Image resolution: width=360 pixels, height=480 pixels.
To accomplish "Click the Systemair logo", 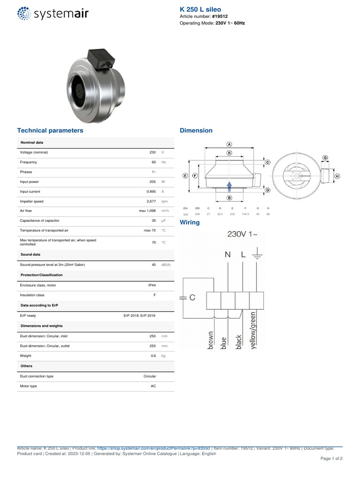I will tap(52, 14).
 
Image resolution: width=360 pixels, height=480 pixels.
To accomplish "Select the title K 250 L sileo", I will tap(200, 9).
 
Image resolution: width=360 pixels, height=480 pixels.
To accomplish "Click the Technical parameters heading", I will tap(50, 130).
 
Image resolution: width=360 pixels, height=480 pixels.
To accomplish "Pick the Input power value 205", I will tap(152, 182).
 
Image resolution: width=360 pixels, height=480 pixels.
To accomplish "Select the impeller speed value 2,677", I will tap(151, 202).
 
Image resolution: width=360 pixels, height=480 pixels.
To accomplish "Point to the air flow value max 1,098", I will tap(147, 211).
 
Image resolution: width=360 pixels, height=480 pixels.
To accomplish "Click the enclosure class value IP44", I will tap(152, 285).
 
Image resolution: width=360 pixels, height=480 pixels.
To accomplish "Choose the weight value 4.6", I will tap(153, 356).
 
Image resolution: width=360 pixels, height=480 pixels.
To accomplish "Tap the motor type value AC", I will tap(153, 386).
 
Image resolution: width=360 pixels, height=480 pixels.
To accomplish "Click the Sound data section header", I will tap(30, 255).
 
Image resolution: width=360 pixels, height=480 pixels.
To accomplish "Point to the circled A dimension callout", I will tap(229, 144).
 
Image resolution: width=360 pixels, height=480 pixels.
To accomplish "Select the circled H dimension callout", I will tap(337, 176).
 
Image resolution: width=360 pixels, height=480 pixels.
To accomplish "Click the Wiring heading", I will tap(189, 222).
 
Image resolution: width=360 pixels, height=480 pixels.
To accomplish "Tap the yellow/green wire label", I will tap(254, 330).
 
